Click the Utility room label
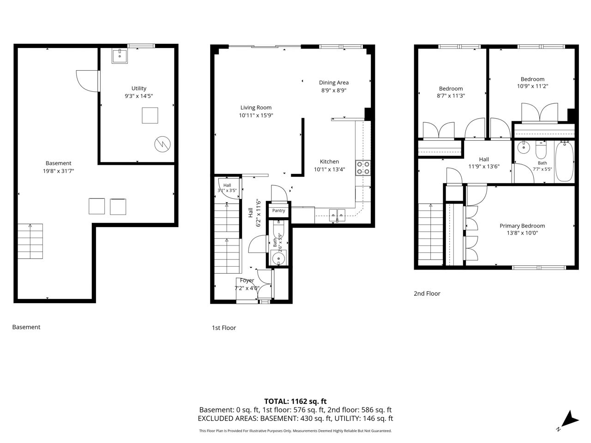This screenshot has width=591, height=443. (139, 88)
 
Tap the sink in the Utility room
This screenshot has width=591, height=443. (120, 56)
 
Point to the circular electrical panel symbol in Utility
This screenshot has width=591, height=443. (163, 144)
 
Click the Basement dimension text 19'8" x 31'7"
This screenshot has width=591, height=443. (59, 171)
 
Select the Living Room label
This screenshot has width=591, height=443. (256, 108)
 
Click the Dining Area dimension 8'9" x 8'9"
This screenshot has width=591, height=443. (334, 90)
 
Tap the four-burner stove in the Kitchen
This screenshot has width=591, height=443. (362, 168)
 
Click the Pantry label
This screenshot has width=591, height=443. (278, 210)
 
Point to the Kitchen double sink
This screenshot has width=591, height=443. (338, 215)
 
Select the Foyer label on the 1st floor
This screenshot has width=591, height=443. (247, 280)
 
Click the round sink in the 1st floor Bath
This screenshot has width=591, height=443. (278, 258)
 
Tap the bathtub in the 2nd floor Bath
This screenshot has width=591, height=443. (564, 162)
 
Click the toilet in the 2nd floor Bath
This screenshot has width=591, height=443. (541, 150)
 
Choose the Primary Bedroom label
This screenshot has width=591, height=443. (522, 226)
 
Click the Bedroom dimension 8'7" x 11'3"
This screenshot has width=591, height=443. (451, 96)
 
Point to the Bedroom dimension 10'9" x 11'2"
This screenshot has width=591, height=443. (532, 86)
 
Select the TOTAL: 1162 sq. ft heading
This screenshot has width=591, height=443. (295, 401)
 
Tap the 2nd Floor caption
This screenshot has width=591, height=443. (427, 293)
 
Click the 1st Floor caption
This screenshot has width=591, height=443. (224, 328)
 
